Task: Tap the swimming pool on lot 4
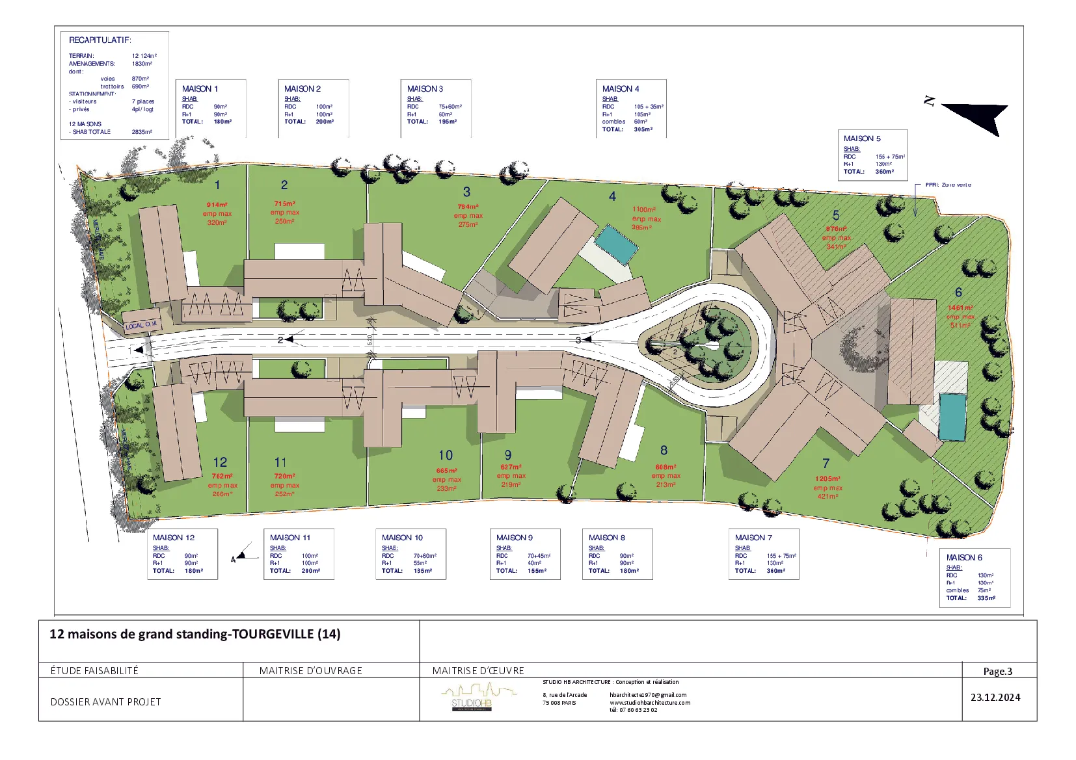616,244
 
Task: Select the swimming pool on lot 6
952,417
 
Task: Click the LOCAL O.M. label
141,324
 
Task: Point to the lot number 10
445,455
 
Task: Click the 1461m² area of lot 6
960,308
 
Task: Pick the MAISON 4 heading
620,88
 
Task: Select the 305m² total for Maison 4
643,129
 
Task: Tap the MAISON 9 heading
514,538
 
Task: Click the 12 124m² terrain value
144,56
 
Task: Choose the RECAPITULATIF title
100,40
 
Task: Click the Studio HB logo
472,699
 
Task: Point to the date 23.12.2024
995,698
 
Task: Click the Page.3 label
997,671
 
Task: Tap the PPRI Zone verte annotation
948,185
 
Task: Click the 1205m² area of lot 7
827,478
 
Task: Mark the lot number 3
466,192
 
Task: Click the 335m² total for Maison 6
986,598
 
